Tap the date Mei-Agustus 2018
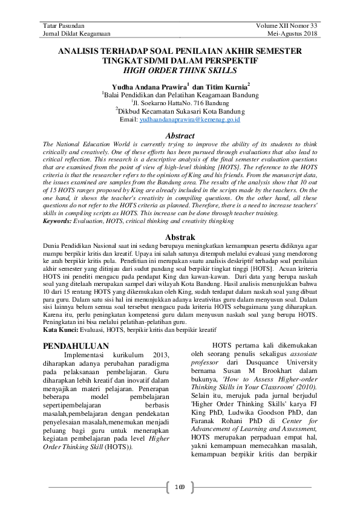[292, 34]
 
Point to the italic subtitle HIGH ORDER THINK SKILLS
[180, 71]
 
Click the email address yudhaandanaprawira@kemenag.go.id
[190, 120]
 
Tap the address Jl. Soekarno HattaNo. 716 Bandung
[180, 103]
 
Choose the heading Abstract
[180, 136]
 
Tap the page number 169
[180, 487]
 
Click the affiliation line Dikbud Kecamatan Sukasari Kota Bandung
[181, 112]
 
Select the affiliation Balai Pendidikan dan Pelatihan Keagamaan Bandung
[181, 95]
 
